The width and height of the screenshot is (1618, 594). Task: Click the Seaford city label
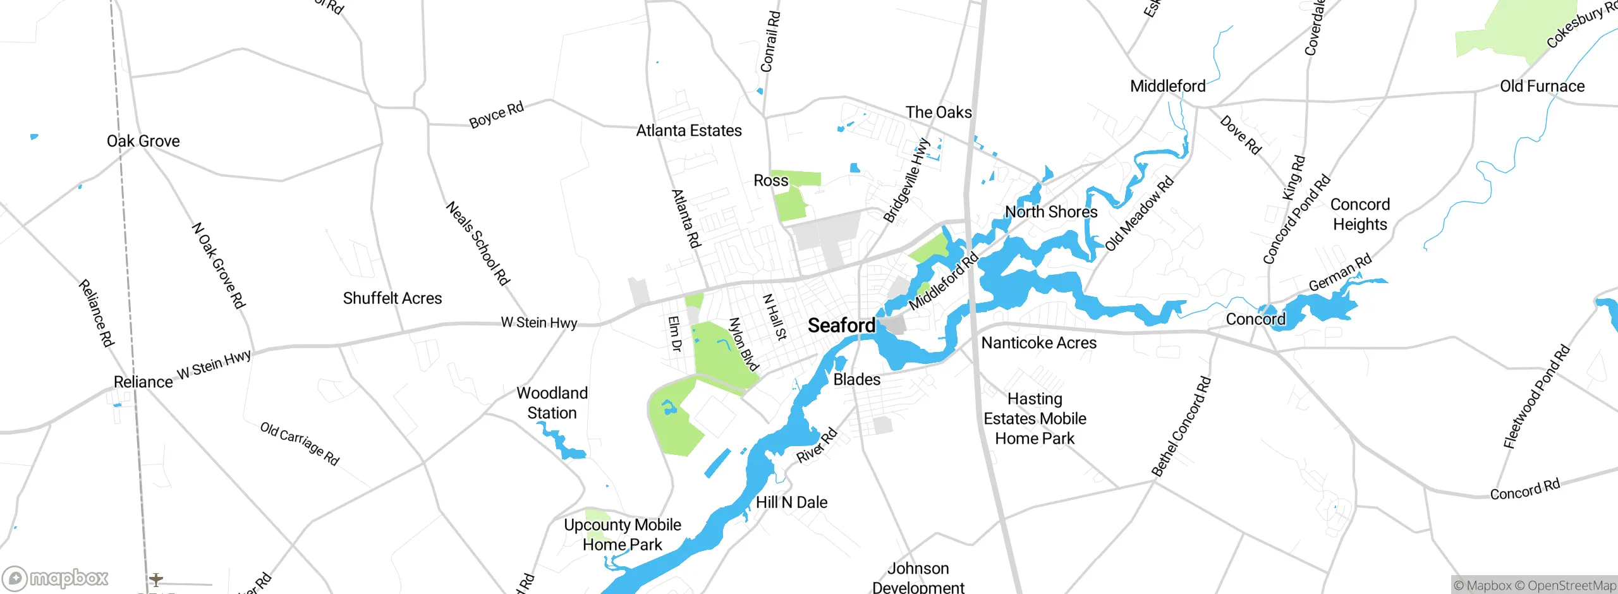pos(841,325)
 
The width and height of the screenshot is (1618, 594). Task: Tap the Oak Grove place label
pos(143,141)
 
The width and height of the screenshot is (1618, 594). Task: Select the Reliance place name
pos(143,382)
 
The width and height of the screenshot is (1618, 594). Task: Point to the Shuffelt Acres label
pos(392,298)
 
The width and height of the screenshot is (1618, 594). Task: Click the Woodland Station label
pos(552,403)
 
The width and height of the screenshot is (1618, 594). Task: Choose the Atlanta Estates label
pos(688,131)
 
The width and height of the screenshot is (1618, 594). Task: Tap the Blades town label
pos(856,379)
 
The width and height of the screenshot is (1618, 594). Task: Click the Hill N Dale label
pos(791,502)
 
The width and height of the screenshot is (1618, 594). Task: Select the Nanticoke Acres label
pos(1038,343)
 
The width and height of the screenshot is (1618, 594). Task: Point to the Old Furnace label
pos(1542,86)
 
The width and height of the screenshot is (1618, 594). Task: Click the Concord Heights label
pos(1359,214)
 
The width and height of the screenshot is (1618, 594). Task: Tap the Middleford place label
pos(1167,86)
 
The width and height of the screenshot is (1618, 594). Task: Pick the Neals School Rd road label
pos(478,243)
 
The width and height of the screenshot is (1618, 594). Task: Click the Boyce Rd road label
pos(496,114)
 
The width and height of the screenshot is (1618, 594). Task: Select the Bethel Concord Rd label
pos(1181,427)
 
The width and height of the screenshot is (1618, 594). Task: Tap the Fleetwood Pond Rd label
pos(1536,397)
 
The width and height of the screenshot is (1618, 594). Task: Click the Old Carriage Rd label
pos(300,444)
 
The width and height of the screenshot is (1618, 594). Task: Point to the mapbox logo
pos(56,578)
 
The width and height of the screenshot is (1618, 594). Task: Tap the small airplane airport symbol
pos(156,579)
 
